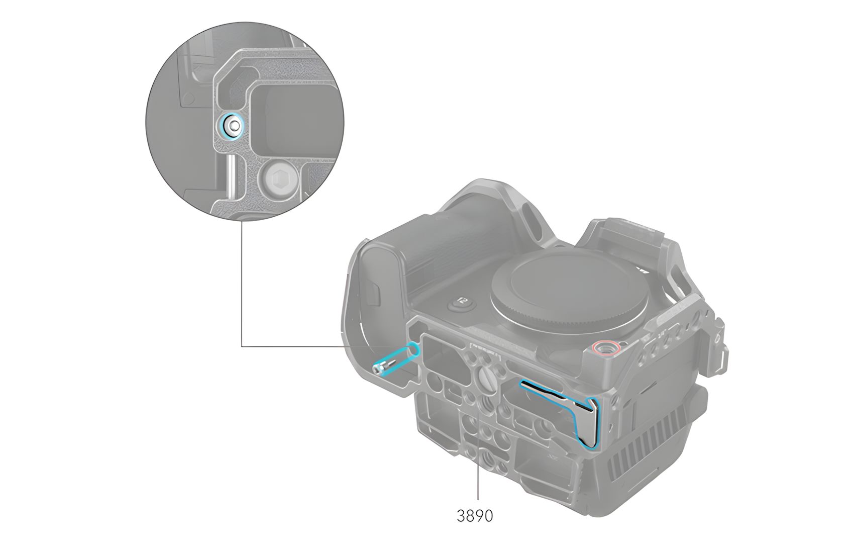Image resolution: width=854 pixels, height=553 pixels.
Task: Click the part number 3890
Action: pos(475,516)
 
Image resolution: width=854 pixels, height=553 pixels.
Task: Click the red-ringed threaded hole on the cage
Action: pos(606,347)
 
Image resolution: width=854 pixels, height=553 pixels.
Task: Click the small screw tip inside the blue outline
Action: pos(378,369)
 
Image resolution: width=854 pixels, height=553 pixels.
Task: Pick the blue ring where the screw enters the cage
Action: pos(413,349)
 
